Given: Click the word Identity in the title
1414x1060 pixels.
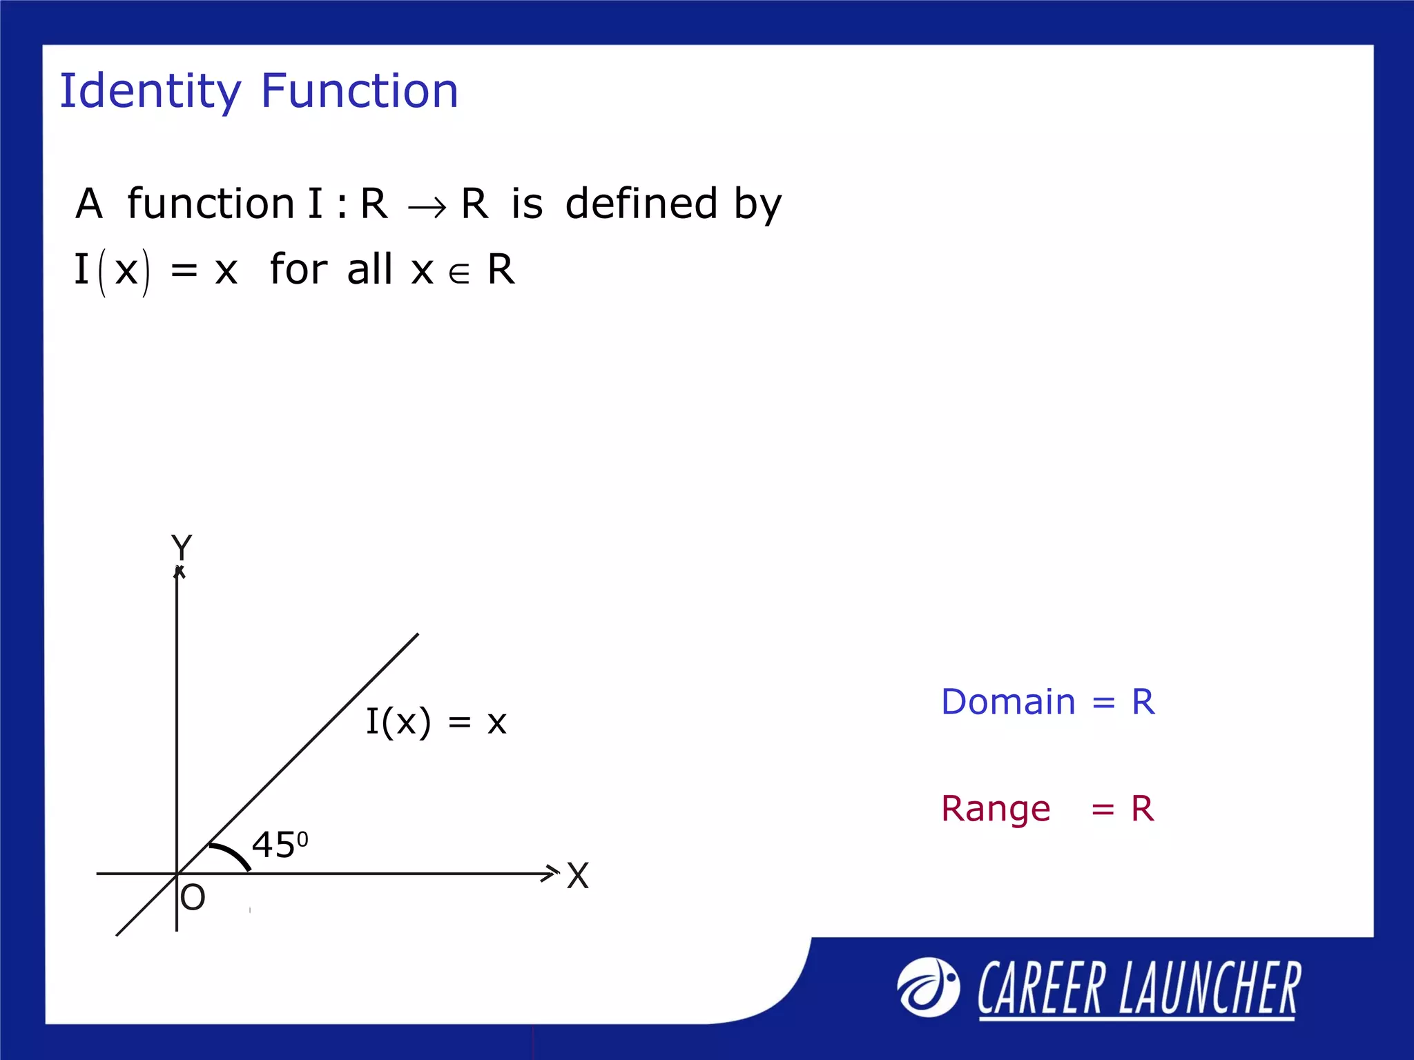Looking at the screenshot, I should pyautogui.click(x=150, y=91).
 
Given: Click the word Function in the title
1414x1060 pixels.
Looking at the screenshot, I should pyautogui.click(x=359, y=91).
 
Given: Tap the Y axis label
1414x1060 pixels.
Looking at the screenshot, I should pyautogui.click(x=182, y=547).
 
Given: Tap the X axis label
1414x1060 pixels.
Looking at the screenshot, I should pyautogui.click(x=578, y=876).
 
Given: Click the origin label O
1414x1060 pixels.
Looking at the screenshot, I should pyautogui.click(x=193, y=898).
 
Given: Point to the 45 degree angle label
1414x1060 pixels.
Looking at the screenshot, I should pyautogui.click(x=280, y=844).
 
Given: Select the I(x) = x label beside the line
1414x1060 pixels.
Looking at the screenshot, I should pyautogui.click(x=436, y=723).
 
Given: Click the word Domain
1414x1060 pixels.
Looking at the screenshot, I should pyautogui.click(x=1008, y=703).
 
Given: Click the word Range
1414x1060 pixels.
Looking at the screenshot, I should pyautogui.click(x=996, y=809).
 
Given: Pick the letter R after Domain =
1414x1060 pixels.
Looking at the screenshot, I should pyautogui.click(x=1143, y=703).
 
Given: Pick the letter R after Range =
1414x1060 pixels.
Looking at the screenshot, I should pyautogui.click(x=1143, y=809).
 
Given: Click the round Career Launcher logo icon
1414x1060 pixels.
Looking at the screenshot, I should pyautogui.click(x=928, y=988).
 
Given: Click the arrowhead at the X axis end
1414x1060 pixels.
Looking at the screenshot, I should pyautogui.click(x=550, y=873).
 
